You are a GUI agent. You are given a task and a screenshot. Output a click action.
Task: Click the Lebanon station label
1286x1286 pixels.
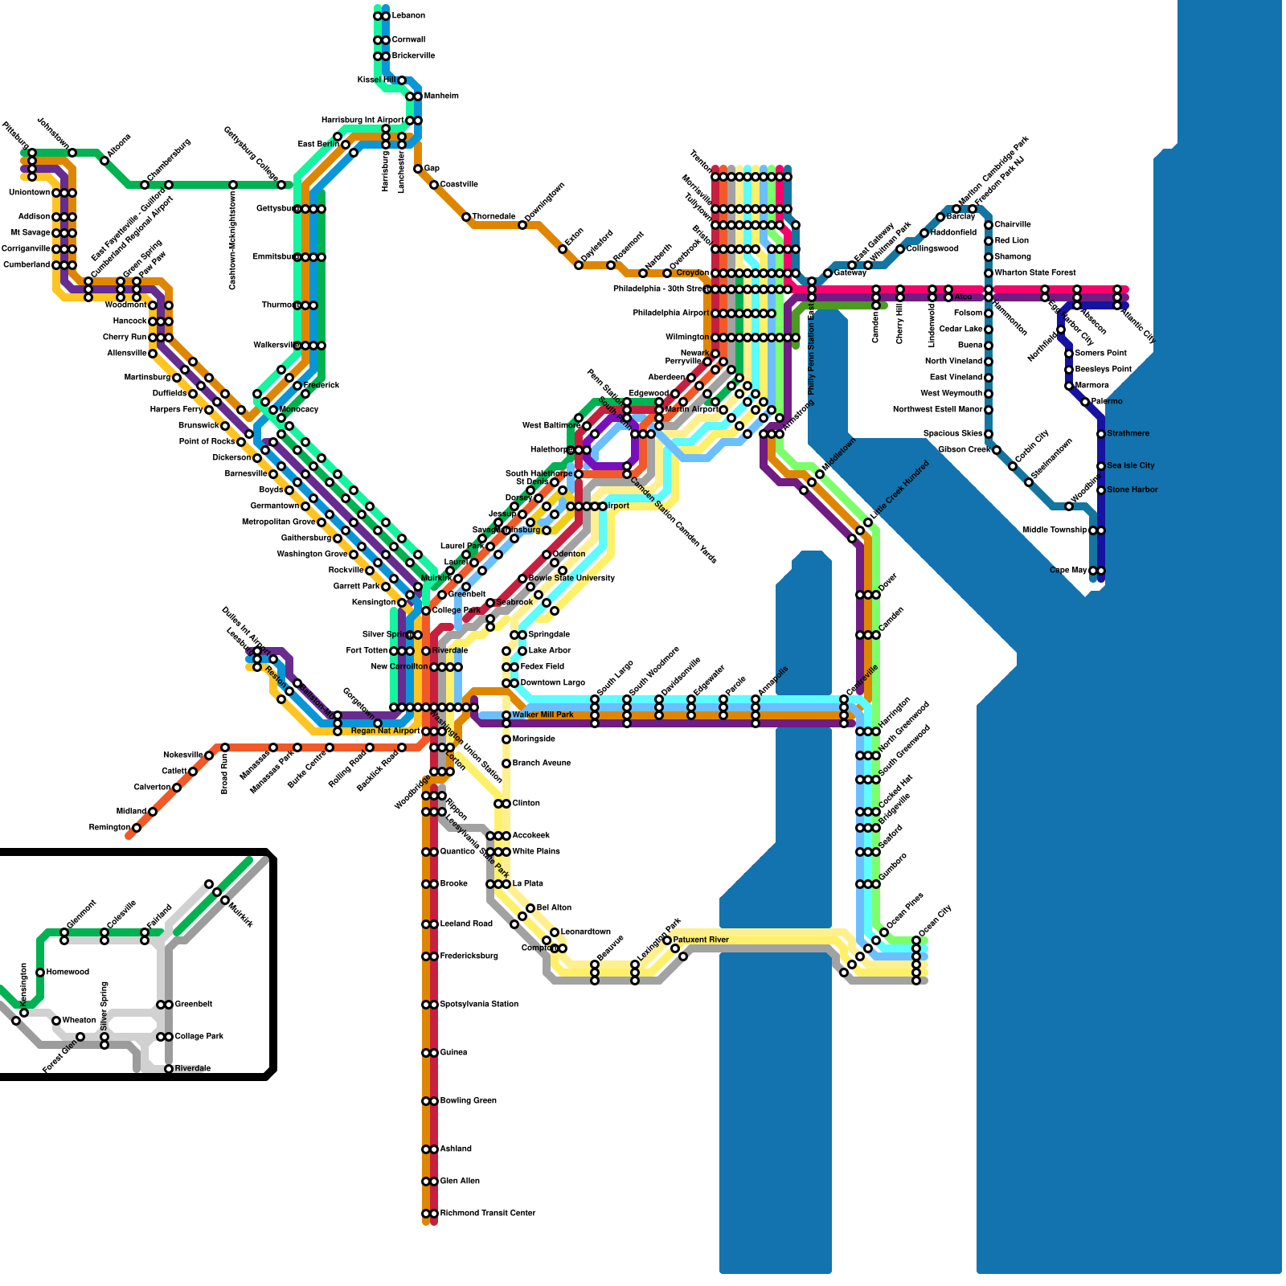[x=408, y=16]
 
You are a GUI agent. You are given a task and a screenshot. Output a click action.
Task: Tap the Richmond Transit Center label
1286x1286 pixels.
[x=487, y=1214]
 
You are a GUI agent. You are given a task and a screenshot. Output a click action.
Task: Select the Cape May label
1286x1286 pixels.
[x=1068, y=571]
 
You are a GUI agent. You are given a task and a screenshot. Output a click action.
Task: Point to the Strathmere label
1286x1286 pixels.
[x=1128, y=434]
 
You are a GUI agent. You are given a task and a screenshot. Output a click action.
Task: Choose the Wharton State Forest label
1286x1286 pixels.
[x=1034, y=273]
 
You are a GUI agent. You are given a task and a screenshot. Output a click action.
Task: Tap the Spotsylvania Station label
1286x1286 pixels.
[x=479, y=1005]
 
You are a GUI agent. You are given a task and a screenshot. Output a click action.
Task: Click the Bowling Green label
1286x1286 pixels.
[x=468, y=1101]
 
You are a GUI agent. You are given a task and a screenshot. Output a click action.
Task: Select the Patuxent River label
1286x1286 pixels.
[x=701, y=940]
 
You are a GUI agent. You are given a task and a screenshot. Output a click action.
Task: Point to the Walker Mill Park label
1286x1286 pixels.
[x=543, y=715]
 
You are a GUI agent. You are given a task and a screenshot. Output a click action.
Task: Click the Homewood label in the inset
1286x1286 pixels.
[x=68, y=973]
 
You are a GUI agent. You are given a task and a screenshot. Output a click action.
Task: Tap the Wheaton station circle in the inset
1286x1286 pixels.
[x=56, y=1021]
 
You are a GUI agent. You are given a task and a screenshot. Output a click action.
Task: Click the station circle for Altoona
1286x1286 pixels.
[x=104, y=161]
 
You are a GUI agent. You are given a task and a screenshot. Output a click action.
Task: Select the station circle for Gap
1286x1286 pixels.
[x=418, y=169]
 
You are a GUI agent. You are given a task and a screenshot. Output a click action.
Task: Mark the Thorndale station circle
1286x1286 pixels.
[x=466, y=217]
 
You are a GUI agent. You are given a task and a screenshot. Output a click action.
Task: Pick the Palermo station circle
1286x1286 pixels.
[x=1085, y=402]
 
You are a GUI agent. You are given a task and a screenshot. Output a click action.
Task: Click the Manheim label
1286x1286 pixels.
[x=441, y=96]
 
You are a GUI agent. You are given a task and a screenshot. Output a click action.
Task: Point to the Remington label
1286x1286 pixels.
[x=109, y=828]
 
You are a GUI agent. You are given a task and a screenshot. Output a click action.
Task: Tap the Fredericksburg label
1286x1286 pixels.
[x=469, y=956]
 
